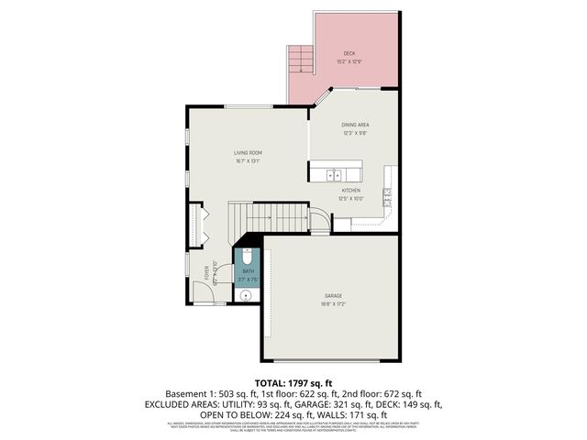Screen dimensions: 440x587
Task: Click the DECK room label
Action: [349, 53]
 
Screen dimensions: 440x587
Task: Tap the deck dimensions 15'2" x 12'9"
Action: [349, 61]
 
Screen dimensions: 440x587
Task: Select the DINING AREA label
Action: [355, 125]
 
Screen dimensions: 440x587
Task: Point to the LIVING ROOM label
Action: [248, 152]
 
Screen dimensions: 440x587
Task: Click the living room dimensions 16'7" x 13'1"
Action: [248, 160]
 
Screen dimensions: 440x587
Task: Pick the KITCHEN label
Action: [351, 190]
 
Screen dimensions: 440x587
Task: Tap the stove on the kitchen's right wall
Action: [388, 193]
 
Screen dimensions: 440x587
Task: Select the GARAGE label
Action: [333, 295]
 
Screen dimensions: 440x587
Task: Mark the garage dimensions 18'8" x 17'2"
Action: [333, 303]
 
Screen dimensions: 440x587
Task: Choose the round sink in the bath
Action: [246, 295]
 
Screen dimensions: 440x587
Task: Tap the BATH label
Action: [248, 271]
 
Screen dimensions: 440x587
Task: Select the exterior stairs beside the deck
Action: [300, 60]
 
